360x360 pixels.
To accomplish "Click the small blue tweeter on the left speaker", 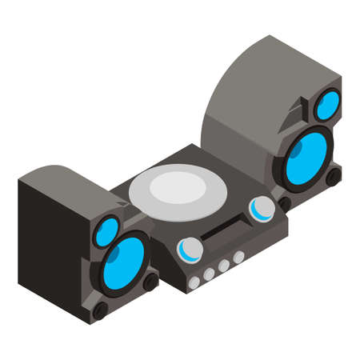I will pos(107,231).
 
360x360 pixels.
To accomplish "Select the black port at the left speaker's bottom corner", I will pos(100,310).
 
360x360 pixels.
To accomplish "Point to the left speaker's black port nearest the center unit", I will pos(150,281).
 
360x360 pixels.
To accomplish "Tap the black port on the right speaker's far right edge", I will pos(334,175).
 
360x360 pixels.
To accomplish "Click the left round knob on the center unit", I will pos(189,250).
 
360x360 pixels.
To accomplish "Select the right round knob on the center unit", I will pos(260,209).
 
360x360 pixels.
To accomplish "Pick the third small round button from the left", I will pos(224,266).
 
